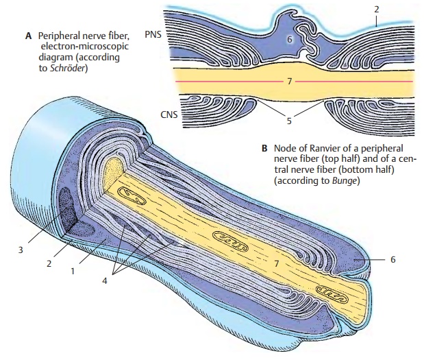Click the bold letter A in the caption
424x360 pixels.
pyautogui.click(x=29, y=33)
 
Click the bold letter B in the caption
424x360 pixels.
pyautogui.click(x=264, y=147)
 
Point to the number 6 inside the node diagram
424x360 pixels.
pyautogui.click(x=290, y=40)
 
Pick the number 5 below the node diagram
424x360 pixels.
pyautogui.click(x=289, y=121)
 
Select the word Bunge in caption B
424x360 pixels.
pyautogui.click(x=344, y=182)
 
